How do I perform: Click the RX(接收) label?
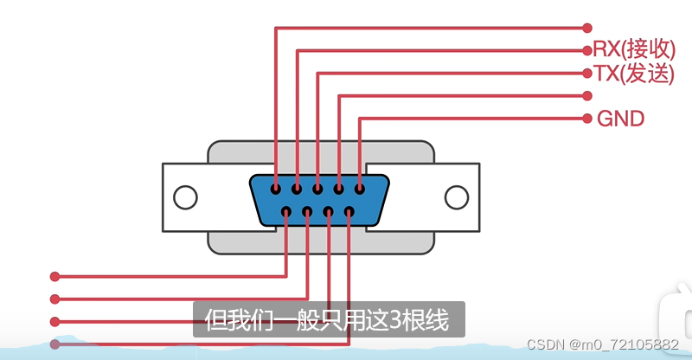coord(634,50)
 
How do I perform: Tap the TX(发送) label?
coord(634,74)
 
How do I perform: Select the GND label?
coord(621,119)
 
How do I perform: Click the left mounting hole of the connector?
coord(185,197)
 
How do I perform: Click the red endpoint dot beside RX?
coord(588,50)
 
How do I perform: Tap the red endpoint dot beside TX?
coord(588,73)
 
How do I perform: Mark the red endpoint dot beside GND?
coord(588,118)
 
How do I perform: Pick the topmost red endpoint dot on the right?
coord(588,28)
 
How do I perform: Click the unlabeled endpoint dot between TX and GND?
coord(588,95)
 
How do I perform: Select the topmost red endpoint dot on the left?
coord(54,277)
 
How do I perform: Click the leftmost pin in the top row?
coord(275,188)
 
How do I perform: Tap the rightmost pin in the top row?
coord(359,188)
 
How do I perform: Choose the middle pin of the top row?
coord(317,188)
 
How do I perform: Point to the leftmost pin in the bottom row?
coord(286,211)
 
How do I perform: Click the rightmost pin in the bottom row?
coord(349,211)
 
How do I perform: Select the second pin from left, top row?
coord(297,188)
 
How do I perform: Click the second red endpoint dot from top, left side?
coord(54,299)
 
